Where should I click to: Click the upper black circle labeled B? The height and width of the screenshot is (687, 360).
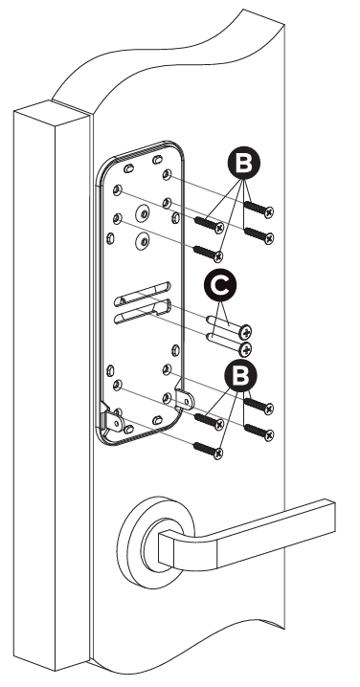pyautogui.click(x=244, y=163)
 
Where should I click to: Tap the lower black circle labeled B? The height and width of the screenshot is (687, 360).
pyautogui.click(x=240, y=375)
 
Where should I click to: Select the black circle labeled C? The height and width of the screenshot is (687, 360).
pyautogui.click(x=220, y=285)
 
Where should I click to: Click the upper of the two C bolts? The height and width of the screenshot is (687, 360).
pyautogui.click(x=229, y=326)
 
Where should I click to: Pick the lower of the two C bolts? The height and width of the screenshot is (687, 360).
pyautogui.click(x=229, y=343)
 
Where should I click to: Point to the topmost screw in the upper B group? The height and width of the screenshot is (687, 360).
pyautogui.click(x=259, y=209)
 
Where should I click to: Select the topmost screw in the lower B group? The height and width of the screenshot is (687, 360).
pyautogui.click(x=259, y=406)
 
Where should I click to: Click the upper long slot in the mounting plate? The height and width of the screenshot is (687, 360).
pyautogui.click(x=143, y=294)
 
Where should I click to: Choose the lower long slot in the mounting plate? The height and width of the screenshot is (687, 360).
pyautogui.click(x=143, y=311)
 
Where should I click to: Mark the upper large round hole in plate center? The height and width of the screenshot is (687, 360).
pyautogui.click(x=143, y=213)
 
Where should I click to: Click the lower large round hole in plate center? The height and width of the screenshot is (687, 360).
pyautogui.click(x=143, y=240)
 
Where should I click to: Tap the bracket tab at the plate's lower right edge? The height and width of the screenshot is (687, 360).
pyautogui.click(x=184, y=399)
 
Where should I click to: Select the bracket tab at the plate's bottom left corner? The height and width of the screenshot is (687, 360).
pyautogui.click(x=112, y=420)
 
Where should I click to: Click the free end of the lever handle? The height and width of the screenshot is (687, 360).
pyautogui.click(x=328, y=516)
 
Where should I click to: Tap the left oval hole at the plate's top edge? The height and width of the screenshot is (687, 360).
pyautogui.click(x=129, y=168)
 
